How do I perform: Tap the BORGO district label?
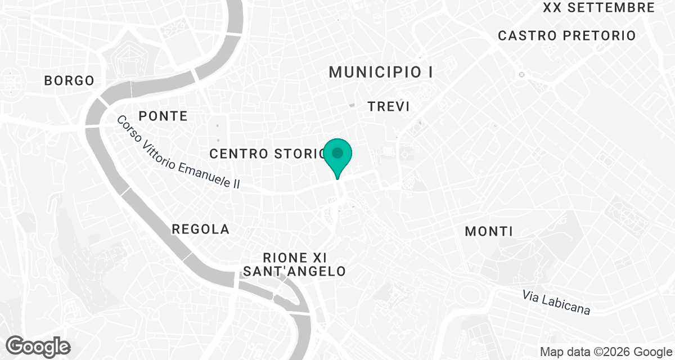point(69,81)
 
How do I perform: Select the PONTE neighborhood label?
point(163,116)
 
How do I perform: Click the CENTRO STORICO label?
point(268,154)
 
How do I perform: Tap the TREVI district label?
point(388,106)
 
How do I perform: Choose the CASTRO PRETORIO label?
point(567,36)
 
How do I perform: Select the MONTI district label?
point(489,231)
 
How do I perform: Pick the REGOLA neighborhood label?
point(201,229)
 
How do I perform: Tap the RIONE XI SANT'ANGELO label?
point(294,265)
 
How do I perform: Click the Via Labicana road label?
point(556,303)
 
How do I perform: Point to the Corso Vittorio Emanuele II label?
point(178,152)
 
